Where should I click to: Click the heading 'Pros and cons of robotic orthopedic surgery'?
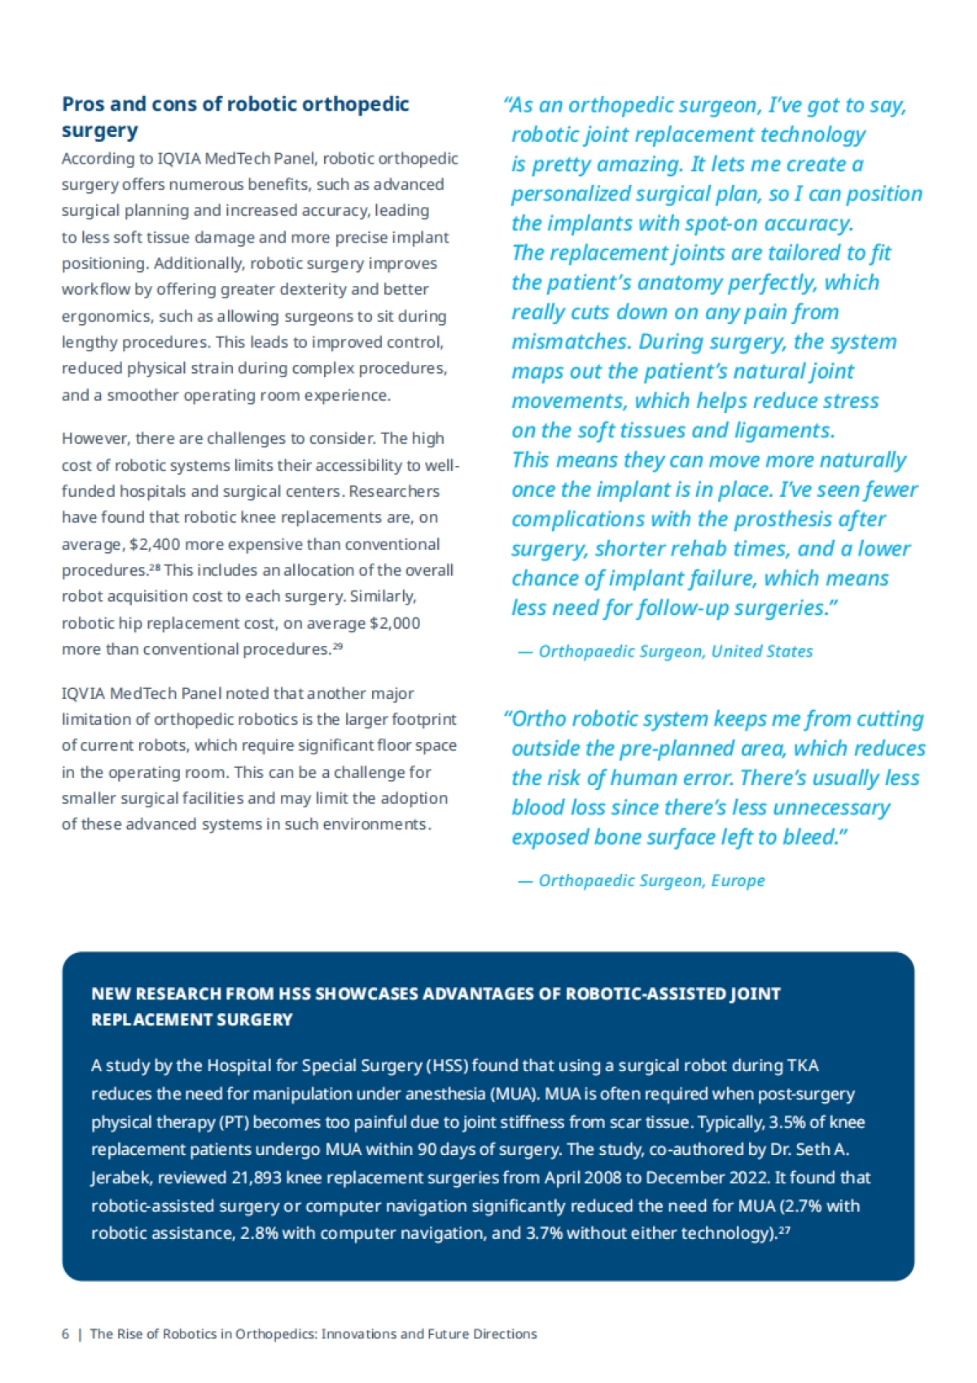click(235, 116)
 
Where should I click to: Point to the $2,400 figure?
click(155, 544)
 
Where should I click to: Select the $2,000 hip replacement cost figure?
click(395, 623)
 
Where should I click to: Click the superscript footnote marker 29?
click(338, 647)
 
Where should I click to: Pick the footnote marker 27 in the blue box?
click(784, 1231)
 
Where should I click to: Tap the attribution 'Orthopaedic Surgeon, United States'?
click(675, 652)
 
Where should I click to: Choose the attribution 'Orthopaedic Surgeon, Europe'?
click(651, 880)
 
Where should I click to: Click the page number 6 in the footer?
click(65, 1334)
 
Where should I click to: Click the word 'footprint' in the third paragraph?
click(423, 719)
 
